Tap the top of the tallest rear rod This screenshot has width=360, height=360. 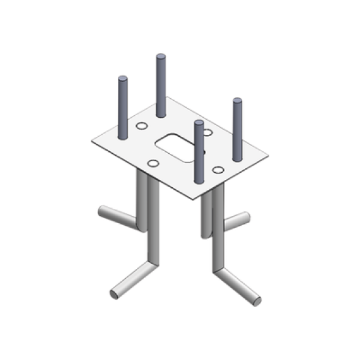[160, 58]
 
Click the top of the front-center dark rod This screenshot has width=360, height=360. [198, 123]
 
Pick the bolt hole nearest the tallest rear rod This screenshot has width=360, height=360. [139, 124]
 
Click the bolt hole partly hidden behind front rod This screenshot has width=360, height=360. [207, 133]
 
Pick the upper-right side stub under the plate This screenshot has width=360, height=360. [245, 216]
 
